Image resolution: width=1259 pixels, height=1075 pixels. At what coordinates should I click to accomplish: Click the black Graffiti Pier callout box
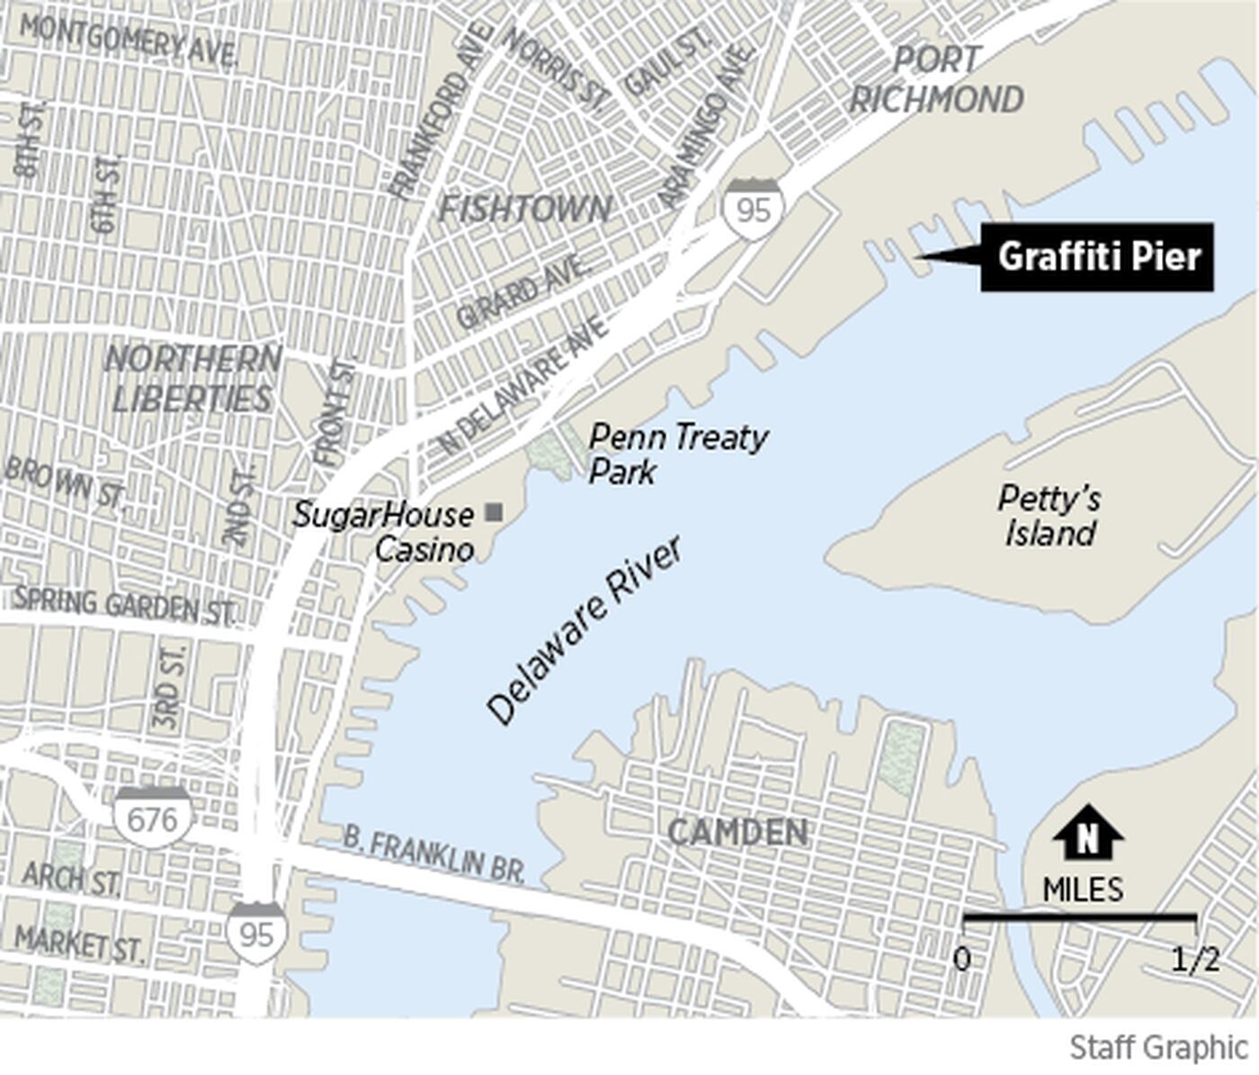(1097, 257)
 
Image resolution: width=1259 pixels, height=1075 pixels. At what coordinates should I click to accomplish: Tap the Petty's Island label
(1049, 515)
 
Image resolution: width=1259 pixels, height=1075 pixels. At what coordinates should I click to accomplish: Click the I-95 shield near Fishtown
(754, 209)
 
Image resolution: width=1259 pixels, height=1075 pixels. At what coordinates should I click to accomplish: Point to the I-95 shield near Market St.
(256, 933)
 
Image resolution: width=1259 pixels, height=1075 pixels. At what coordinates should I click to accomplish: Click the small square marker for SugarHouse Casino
(494, 513)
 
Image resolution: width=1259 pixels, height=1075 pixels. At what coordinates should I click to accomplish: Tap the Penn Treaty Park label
(676, 453)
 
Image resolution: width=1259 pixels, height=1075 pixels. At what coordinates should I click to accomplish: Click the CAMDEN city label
(737, 832)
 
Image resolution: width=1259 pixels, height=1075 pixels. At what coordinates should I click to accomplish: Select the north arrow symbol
(1087, 834)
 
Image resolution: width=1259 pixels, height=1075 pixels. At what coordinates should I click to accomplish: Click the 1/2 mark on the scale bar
(1195, 960)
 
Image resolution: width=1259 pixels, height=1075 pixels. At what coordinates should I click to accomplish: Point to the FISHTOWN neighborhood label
(524, 210)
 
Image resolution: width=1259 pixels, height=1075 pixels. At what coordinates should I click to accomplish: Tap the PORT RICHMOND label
(936, 80)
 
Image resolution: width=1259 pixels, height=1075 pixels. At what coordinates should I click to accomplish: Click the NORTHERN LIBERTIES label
(192, 379)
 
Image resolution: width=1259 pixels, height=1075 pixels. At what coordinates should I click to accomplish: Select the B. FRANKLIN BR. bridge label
(433, 855)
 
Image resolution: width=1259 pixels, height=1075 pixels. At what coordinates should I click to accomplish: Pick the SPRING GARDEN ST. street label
(124, 605)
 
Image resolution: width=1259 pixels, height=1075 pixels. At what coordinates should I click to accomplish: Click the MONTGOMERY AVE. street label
(129, 40)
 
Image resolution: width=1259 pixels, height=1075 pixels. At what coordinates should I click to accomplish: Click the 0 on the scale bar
(962, 960)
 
